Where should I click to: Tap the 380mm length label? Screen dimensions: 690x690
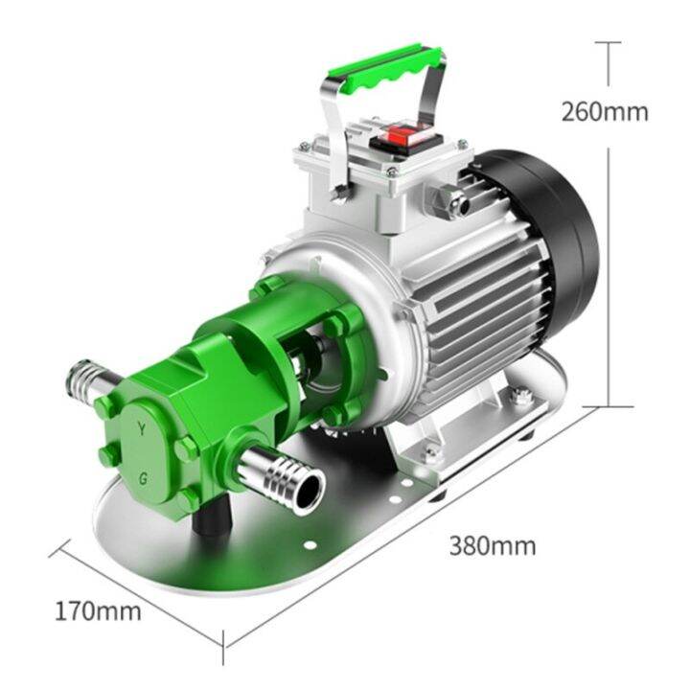(492, 546)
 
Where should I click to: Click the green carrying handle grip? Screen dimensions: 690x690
(386, 66)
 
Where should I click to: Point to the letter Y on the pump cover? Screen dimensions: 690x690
(143, 431)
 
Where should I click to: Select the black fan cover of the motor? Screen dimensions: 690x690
(556, 230)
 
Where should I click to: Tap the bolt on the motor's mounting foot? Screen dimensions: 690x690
(522, 398)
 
